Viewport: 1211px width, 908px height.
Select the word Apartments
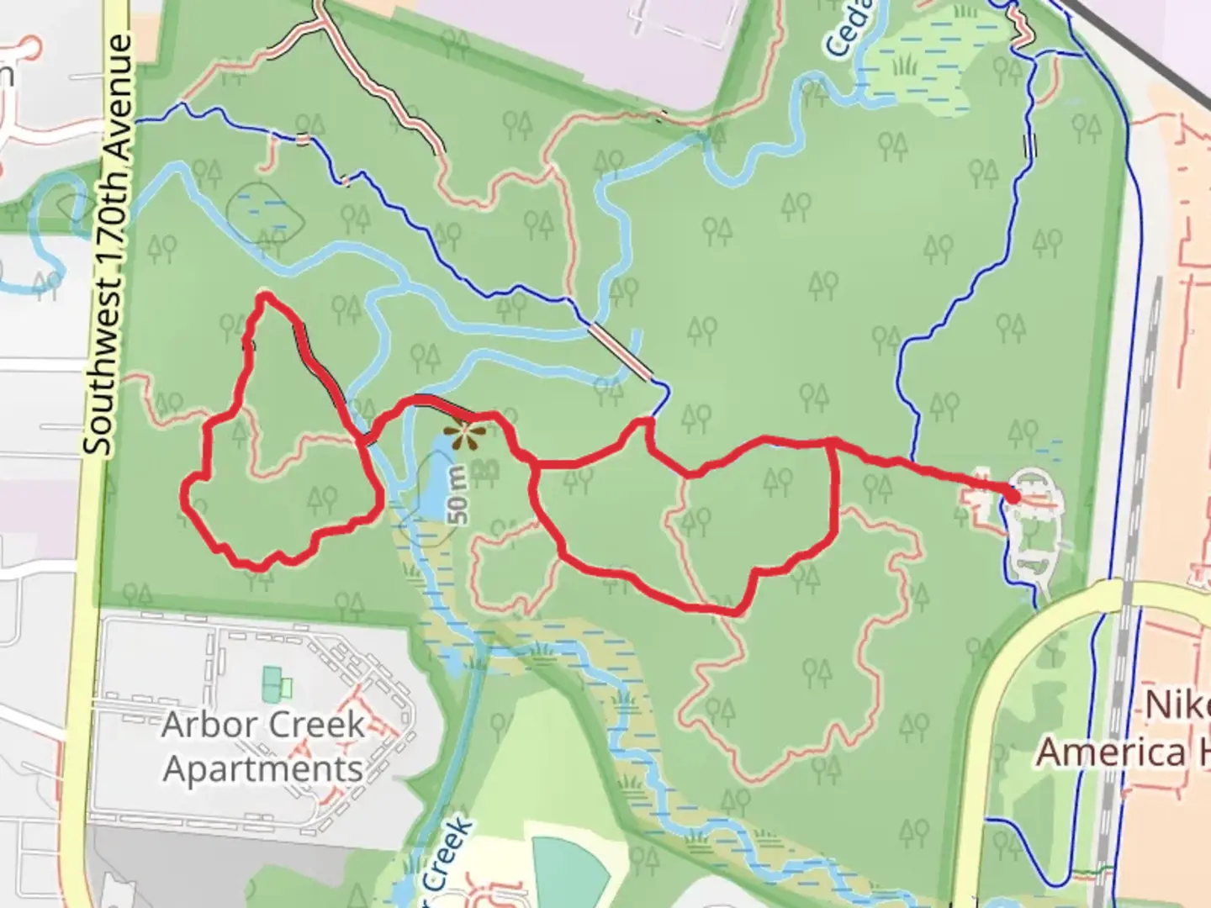click(262, 768)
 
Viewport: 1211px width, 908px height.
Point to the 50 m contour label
click(458, 496)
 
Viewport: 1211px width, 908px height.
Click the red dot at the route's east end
click(1013, 497)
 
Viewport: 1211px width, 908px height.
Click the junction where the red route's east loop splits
click(833, 441)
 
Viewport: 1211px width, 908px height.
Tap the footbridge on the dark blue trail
click(621, 351)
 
